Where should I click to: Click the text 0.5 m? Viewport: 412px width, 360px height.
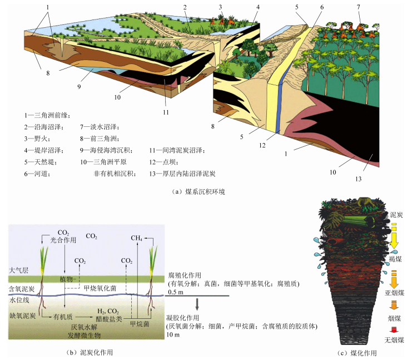point(175,292)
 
